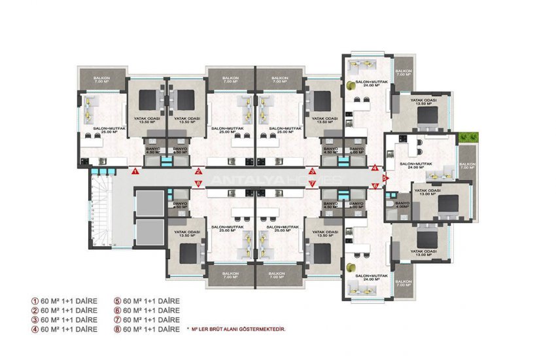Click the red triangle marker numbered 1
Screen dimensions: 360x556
tap(133, 172)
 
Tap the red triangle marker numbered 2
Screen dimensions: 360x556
tap(198, 171)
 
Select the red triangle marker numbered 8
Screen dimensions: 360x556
tap(198, 184)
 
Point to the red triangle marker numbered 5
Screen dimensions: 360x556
tap(385, 177)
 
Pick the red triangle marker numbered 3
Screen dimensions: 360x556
tap(312, 171)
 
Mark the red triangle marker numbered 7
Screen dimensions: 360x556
tap(312, 184)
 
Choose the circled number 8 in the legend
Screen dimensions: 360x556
tap(118, 329)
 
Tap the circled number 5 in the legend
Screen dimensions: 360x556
tap(118, 301)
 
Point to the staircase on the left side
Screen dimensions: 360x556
tap(102, 213)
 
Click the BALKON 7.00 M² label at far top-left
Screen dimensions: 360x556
tap(101, 81)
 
